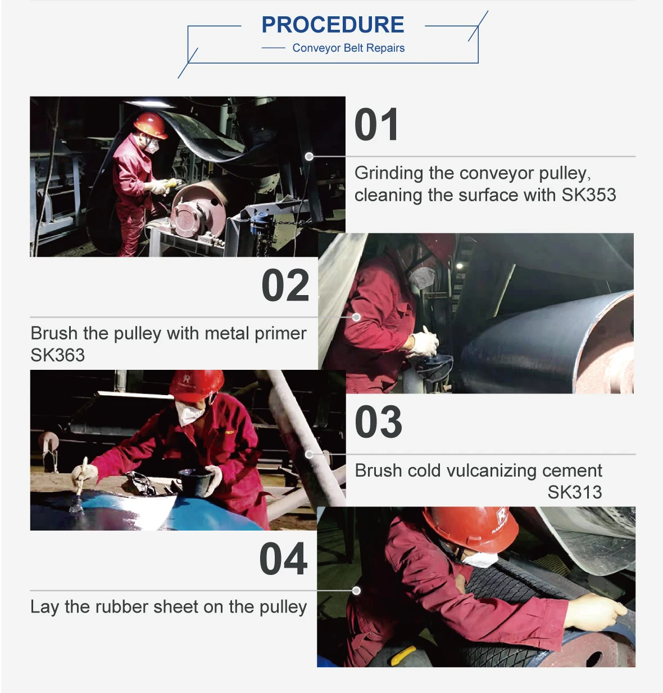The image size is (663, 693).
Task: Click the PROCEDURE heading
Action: click(x=333, y=25)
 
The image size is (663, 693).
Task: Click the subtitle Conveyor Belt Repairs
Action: click(x=348, y=48)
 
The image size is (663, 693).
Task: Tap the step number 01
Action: click(x=376, y=125)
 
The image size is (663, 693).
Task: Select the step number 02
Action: click(x=285, y=285)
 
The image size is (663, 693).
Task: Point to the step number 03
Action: click(x=378, y=422)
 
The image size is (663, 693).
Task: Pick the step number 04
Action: click(x=283, y=559)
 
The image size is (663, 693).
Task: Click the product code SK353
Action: click(x=589, y=195)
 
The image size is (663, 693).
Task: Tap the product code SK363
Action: click(x=58, y=355)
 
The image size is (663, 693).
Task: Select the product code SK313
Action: click(x=575, y=492)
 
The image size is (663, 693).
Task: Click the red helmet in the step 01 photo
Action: click(x=151, y=125)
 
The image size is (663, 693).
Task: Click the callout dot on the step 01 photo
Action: click(x=309, y=156)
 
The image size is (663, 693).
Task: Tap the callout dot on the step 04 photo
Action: click(x=356, y=591)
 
